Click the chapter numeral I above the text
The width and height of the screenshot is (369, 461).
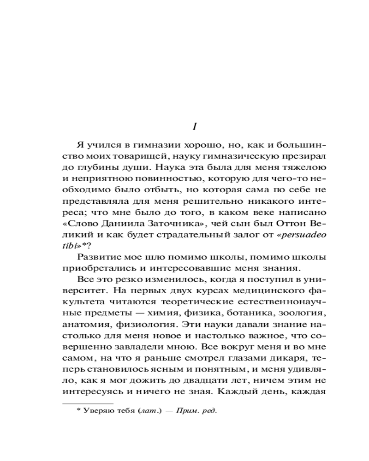(194, 126)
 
